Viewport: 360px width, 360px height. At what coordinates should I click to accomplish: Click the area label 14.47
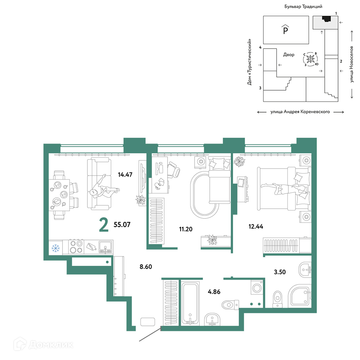tap(125, 175)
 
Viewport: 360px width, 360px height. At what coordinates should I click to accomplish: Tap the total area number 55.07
tap(122, 224)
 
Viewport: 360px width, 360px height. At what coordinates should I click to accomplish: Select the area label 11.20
tap(186, 229)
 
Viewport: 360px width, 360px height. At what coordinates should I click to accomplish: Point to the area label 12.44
tap(256, 227)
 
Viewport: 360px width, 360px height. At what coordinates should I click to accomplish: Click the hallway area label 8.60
tap(146, 267)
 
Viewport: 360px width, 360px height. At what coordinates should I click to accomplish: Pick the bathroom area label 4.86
tap(214, 292)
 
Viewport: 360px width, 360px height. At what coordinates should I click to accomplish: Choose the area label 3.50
tap(280, 272)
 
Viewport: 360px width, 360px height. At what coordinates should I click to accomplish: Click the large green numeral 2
tap(104, 225)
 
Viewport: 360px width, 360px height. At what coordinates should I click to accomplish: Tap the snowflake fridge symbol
tap(55, 248)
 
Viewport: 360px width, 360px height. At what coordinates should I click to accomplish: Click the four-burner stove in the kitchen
tap(77, 247)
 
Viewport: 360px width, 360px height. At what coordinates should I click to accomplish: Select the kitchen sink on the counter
tap(105, 247)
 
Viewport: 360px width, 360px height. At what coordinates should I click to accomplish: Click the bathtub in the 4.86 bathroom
tap(190, 304)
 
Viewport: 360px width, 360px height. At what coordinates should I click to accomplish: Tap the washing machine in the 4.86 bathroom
tap(257, 287)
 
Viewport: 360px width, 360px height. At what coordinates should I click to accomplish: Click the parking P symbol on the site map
tap(286, 29)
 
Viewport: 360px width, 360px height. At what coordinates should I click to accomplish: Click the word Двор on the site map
tap(288, 55)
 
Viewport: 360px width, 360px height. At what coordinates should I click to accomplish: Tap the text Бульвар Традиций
tap(303, 7)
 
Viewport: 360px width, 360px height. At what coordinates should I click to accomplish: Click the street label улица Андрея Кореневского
tap(300, 112)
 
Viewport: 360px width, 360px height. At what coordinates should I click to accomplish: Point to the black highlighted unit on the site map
tap(326, 19)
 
